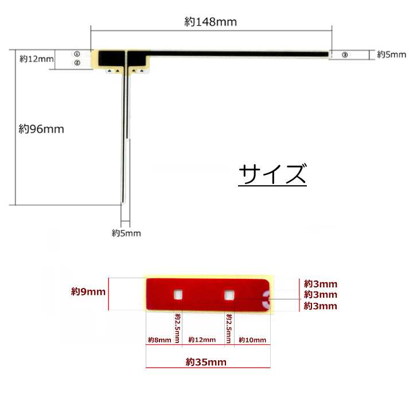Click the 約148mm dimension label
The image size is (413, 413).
pyautogui.click(x=211, y=22)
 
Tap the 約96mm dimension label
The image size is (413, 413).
pyautogui.click(x=41, y=129)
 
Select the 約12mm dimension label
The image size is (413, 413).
pyautogui.click(x=37, y=59)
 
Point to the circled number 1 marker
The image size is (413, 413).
pyautogui.click(x=77, y=54)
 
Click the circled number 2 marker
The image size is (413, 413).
pyautogui.click(x=77, y=63)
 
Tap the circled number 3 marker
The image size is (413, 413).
pyautogui.click(x=345, y=55)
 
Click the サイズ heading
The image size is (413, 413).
pyautogui.click(x=272, y=174)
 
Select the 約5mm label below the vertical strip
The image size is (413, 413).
pyautogui.click(x=126, y=233)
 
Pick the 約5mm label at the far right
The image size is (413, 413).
pyautogui.click(x=392, y=54)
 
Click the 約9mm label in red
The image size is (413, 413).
pyautogui.click(x=88, y=291)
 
